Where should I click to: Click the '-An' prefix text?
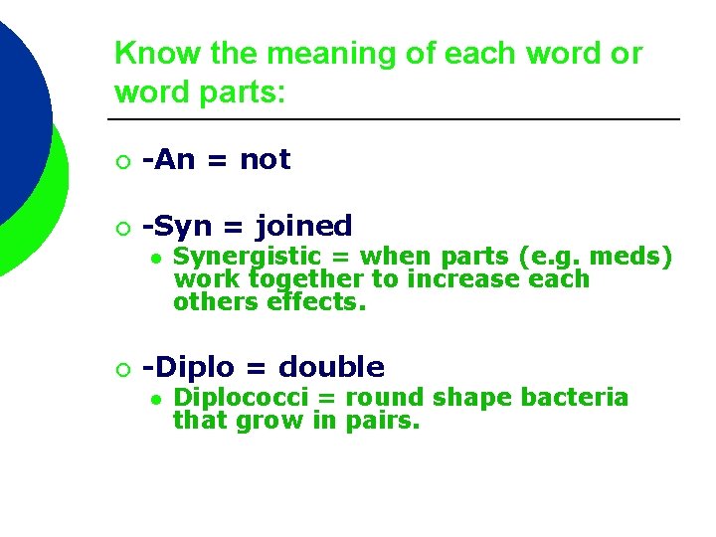click(x=167, y=159)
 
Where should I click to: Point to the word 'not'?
click(x=265, y=159)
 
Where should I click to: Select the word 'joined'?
click(x=303, y=227)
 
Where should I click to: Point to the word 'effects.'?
click(x=317, y=301)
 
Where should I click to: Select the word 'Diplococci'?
click(x=239, y=398)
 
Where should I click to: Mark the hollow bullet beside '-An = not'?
click(x=121, y=161)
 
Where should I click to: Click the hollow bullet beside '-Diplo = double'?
click(x=121, y=369)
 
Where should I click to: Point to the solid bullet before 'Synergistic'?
click(x=156, y=259)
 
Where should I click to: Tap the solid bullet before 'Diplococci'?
click(x=156, y=399)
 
